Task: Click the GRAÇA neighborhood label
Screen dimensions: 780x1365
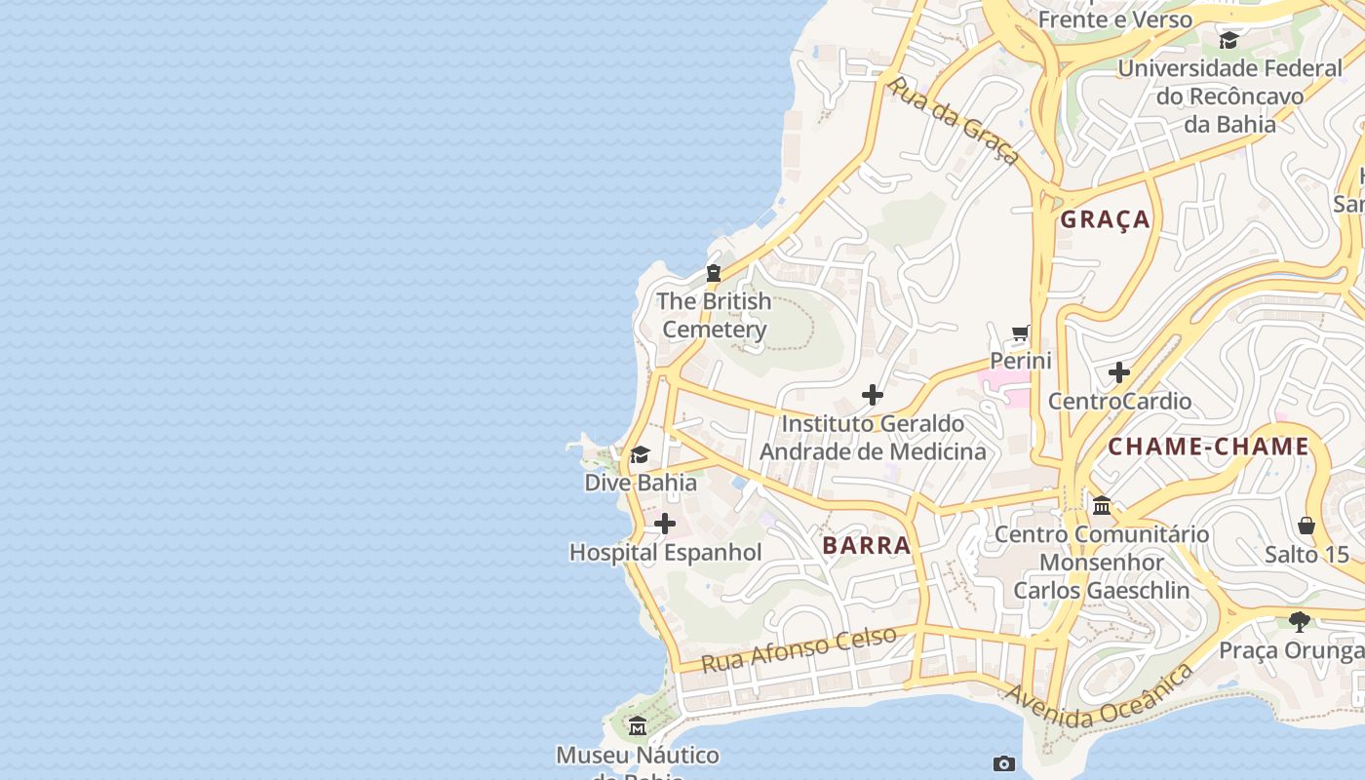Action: (1105, 219)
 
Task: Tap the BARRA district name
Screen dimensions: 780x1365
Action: (866, 545)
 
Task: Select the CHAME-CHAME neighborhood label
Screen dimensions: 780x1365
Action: (1208, 447)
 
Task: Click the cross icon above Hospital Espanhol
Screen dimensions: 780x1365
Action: (665, 525)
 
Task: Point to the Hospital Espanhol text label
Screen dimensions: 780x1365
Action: (665, 552)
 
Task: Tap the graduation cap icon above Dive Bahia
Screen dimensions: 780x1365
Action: (640, 454)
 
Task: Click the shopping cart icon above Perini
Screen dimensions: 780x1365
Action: (1021, 333)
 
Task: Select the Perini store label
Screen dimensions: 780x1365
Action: (1021, 361)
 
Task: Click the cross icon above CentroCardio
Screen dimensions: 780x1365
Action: (1119, 372)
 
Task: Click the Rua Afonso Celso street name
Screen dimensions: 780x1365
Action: (799, 649)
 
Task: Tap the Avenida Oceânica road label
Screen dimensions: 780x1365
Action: (1099, 696)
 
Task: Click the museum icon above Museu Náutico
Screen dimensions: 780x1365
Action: (638, 726)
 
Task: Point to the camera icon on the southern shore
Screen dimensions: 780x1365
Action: (1003, 763)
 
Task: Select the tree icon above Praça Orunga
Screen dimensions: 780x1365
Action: (1299, 621)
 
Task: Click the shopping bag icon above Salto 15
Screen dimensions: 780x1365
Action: (1306, 526)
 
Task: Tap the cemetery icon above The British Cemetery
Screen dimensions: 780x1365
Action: (714, 273)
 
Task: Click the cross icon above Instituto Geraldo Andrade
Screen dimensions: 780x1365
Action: (873, 395)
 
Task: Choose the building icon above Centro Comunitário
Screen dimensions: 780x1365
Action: (1102, 505)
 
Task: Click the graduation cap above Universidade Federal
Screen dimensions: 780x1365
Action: (1228, 40)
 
